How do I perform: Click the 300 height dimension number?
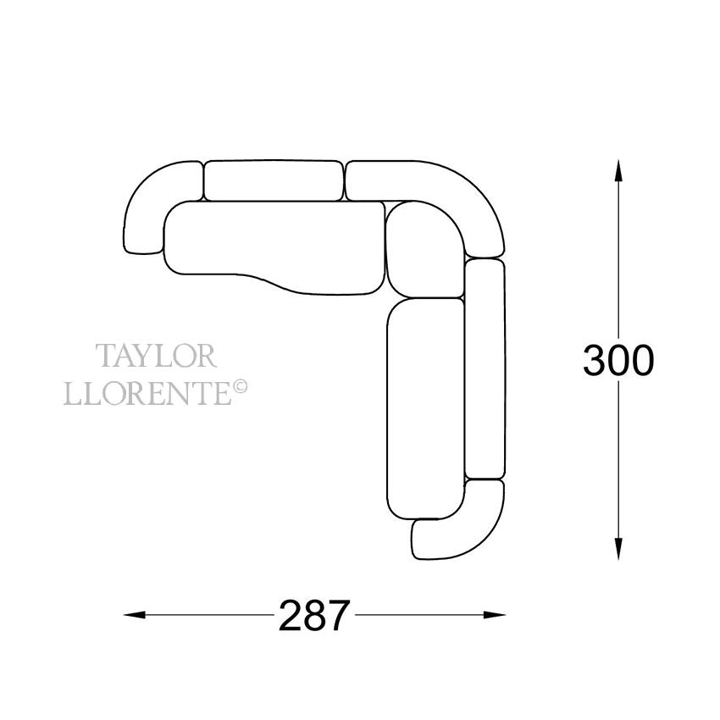pos(618,360)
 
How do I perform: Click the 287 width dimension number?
pos(314,615)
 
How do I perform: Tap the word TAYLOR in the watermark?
pos(156,356)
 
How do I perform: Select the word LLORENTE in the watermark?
pos(148,393)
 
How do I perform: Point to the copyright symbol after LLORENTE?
pos(241,387)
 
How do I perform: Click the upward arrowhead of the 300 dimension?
pos(618,172)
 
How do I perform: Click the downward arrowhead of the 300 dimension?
pos(618,547)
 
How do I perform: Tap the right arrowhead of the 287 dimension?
pos(493,615)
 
